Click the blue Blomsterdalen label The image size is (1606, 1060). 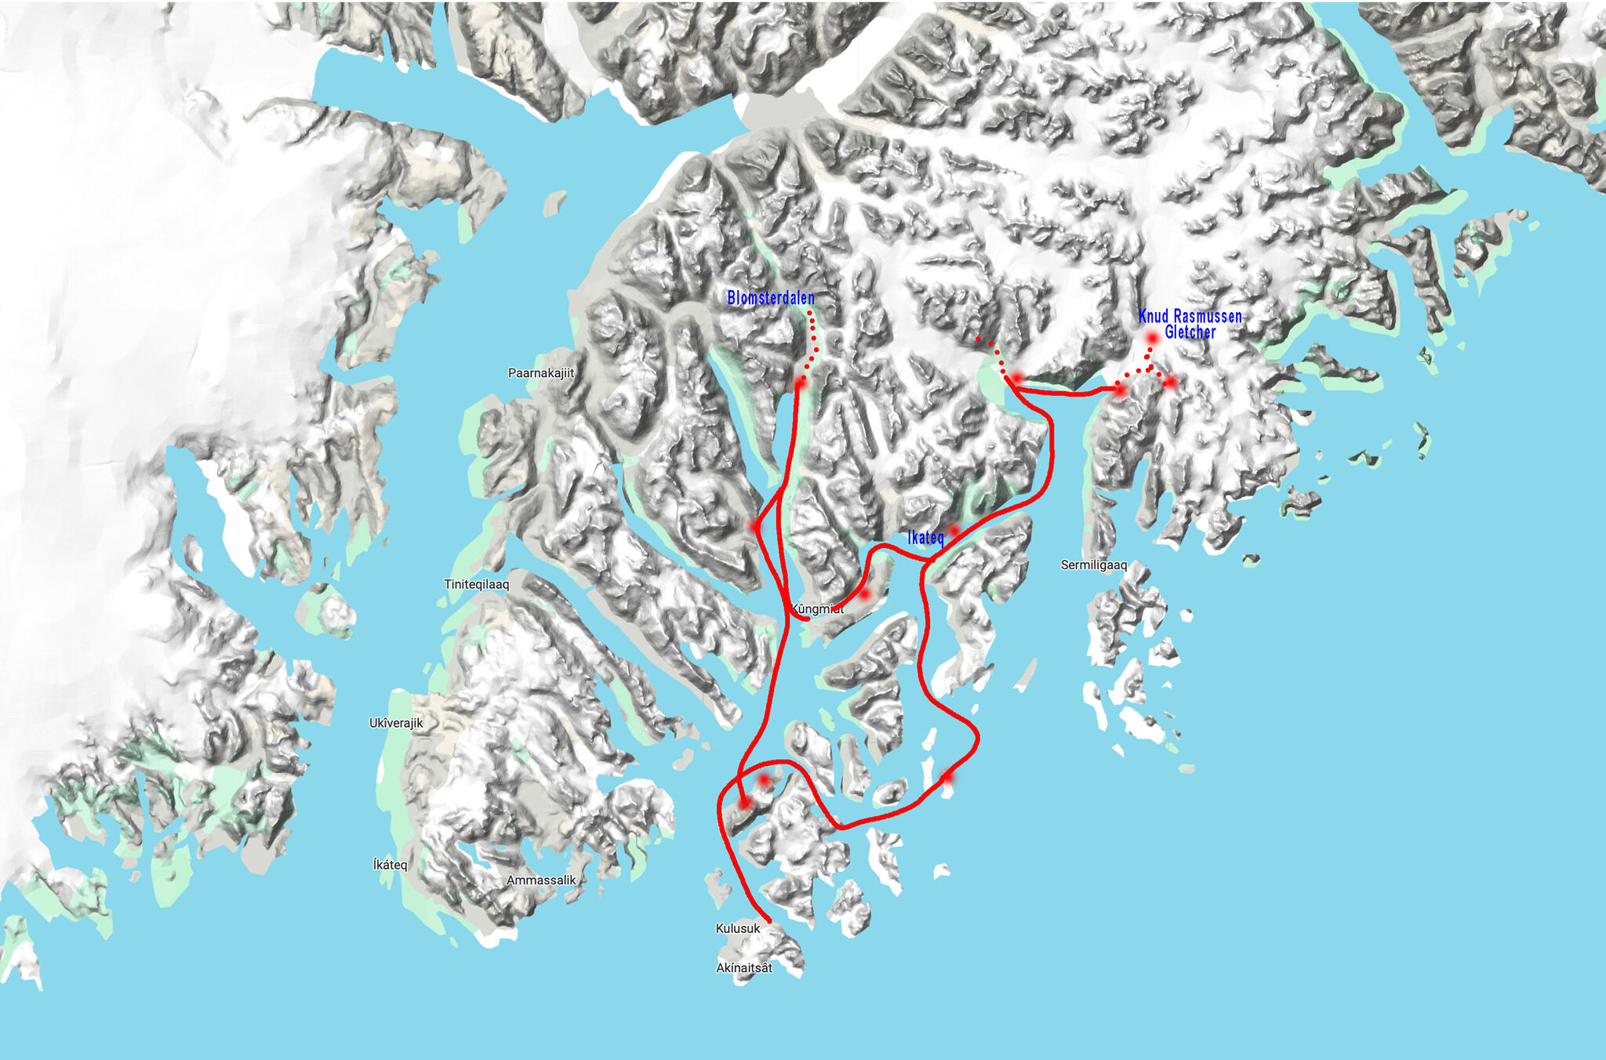771,298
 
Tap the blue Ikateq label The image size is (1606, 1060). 925,537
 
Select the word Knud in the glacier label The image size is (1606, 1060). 1154,317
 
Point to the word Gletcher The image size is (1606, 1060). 1190,332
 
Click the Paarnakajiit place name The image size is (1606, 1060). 541,373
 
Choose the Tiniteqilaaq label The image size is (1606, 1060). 477,584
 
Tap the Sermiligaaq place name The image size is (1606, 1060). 1094,564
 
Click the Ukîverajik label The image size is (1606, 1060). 396,723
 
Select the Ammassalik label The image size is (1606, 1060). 541,880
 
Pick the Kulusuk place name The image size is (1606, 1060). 738,928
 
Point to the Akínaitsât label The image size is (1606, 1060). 744,967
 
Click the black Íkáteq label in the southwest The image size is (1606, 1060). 390,865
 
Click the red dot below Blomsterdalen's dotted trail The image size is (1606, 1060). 800,383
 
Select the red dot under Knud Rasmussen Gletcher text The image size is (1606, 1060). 1152,339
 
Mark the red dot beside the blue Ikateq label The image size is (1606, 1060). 954,531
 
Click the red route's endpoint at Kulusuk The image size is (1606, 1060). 768,920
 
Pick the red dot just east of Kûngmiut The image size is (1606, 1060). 864,594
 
